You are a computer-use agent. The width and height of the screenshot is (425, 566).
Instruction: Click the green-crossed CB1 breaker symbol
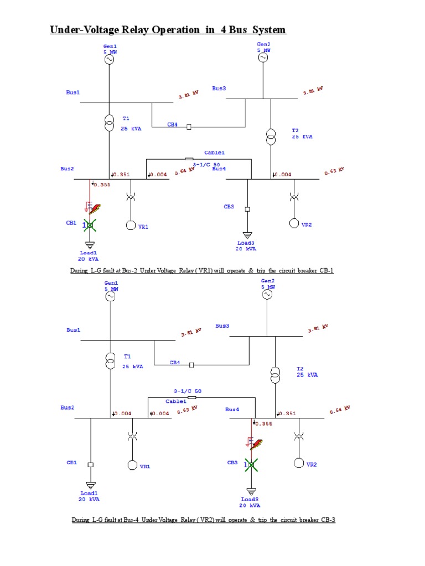click(x=90, y=225)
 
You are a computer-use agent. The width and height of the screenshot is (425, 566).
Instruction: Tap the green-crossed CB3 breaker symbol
click(x=251, y=465)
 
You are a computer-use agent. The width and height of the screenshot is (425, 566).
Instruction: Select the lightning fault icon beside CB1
click(x=95, y=209)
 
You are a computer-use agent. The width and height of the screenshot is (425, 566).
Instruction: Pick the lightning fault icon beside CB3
click(x=256, y=444)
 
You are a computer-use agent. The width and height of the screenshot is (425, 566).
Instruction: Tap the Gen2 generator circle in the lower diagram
click(x=267, y=295)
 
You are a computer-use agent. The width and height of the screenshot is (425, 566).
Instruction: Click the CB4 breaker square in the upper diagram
click(x=189, y=127)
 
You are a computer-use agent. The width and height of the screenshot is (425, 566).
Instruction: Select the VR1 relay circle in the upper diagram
click(x=131, y=225)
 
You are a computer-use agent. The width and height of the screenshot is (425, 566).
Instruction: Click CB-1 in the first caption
click(x=325, y=271)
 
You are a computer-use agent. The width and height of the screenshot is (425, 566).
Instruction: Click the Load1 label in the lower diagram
click(x=89, y=493)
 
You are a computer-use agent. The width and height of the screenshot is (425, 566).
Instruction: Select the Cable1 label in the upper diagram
click(x=215, y=152)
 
